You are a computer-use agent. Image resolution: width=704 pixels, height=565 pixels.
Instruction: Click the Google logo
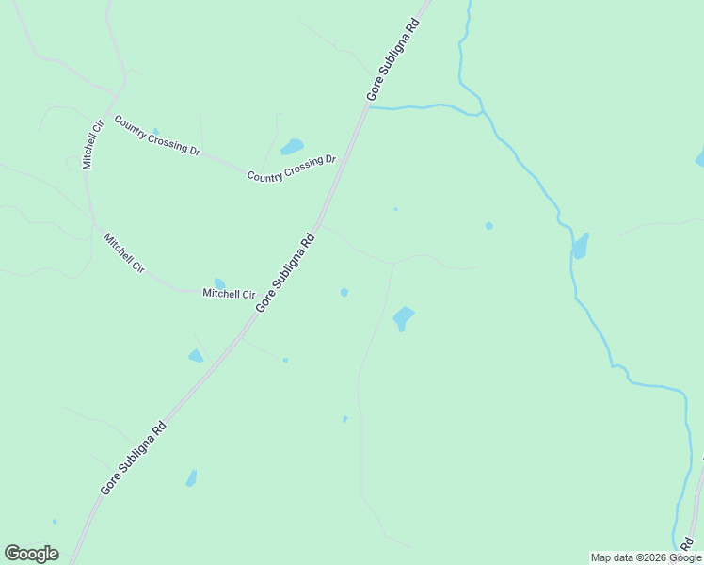(x=31, y=554)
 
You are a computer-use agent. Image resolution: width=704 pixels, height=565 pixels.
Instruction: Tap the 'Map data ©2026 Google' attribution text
(x=646, y=557)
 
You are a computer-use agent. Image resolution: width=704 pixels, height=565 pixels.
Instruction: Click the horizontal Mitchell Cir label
(x=230, y=294)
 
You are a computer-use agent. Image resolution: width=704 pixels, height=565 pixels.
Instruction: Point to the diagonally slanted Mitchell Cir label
(x=124, y=252)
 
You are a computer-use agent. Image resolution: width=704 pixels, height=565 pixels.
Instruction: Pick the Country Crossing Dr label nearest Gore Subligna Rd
(x=292, y=169)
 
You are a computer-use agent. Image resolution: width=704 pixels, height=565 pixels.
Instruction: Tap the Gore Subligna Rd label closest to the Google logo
(x=133, y=459)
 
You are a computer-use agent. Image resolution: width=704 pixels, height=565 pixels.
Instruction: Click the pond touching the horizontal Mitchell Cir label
(x=219, y=282)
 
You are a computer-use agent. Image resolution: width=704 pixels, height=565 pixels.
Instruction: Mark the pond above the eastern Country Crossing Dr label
(x=292, y=147)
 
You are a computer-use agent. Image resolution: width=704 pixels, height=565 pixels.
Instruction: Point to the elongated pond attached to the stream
(x=580, y=247)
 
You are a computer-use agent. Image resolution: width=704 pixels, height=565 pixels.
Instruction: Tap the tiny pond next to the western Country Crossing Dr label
(x=155, y=132)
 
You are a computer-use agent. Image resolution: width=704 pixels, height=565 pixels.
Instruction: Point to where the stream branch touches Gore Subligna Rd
(x=368, y=107)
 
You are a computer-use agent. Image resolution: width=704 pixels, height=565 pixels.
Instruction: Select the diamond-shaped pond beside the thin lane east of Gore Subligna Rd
(x=403, y=317)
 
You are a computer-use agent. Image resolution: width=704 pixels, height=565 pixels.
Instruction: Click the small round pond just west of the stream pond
(x=488, y=226)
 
